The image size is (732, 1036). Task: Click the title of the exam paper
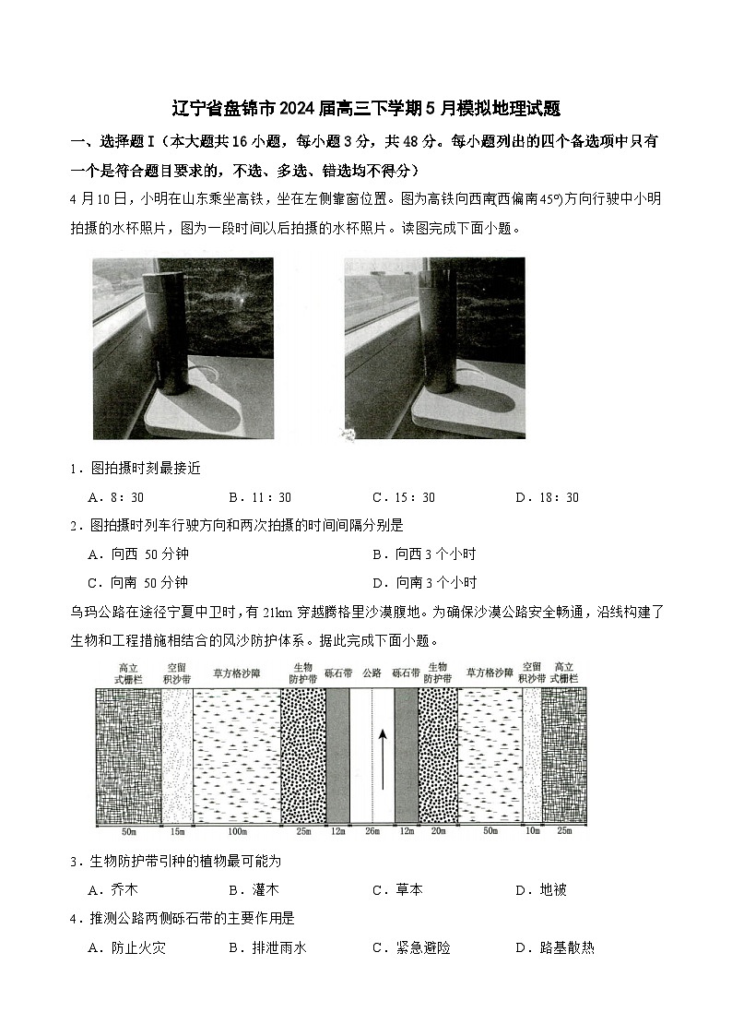(366, 108)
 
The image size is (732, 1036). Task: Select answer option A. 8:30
(115, 497)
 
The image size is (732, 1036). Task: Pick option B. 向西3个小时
(424, 554)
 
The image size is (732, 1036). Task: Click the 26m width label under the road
(372, 832)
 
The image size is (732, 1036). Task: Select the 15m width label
(176, 832)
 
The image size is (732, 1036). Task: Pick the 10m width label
(532, 832)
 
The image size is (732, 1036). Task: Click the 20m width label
(437, 832)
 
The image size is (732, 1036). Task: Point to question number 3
(74, 862)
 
